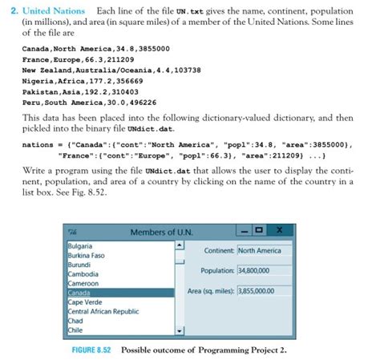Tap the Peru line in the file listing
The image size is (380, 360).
click(x=88, y=103)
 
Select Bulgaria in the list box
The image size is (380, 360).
click(x=80, y=245)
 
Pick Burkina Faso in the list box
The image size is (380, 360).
click(x=87, y=255)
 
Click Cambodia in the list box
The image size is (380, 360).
click(x=83, y=274)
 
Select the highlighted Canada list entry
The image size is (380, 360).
click(x=80, y=293)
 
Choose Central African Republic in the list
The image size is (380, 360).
click(x=103, y=311)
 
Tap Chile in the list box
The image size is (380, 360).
click(x=76, y=330)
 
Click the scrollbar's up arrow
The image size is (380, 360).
click(x=180, y=245)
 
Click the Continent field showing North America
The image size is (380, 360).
click(x=260, y=250)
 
